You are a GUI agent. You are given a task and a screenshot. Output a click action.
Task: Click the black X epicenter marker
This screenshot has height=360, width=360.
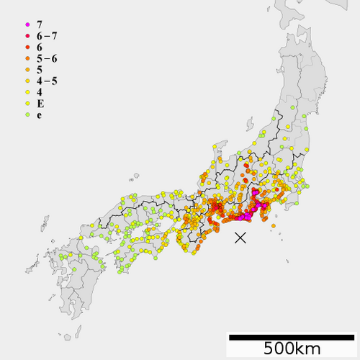click(240, 238)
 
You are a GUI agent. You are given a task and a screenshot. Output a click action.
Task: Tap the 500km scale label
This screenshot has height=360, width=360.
click(292, 348)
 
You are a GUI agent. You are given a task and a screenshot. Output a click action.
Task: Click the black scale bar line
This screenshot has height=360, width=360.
click(292, 336)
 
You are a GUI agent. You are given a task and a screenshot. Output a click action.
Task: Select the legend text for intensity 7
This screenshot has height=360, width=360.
click(39, 24)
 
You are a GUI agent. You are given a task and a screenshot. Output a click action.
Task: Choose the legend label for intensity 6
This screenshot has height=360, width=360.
click(39, 47)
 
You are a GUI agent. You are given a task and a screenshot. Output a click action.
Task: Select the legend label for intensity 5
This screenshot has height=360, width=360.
click(39, 69)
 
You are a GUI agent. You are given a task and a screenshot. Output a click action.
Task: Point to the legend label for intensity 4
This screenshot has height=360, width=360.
click(39, 91)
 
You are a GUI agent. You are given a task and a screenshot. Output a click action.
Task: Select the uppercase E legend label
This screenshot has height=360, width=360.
click(40, 103)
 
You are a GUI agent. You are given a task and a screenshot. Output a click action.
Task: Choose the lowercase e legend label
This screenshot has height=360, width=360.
click(39, 114)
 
